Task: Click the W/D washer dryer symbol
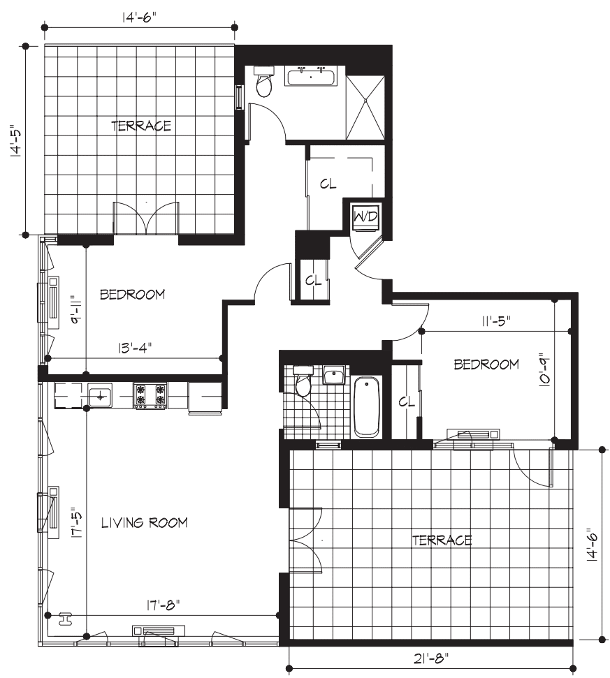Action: [x=365, y=216]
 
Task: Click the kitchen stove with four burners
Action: [x=150, y=396]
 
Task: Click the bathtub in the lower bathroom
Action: [x=366, y=406]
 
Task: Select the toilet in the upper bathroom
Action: [x=264, y=83]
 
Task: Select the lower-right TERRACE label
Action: [x=442, y=540]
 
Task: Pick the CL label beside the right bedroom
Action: [x=407, y=402]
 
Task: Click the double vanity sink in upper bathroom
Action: [x=311, y=76]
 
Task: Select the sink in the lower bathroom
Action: [x=335, y=376]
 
